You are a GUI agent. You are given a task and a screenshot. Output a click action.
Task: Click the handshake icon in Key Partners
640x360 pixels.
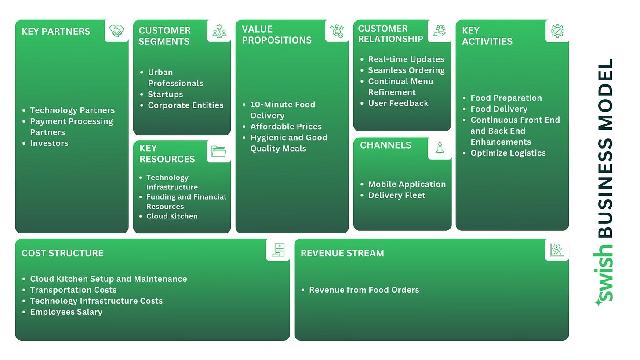point(116,31)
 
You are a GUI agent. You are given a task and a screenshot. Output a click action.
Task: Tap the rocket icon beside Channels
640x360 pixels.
point(440,149)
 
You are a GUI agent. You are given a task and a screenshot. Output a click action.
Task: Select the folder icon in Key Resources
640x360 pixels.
point(218,151)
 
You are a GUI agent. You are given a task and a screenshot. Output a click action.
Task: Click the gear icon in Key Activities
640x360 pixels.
point(557,31)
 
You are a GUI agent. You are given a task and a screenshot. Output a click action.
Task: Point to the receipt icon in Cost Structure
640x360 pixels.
point(278,250)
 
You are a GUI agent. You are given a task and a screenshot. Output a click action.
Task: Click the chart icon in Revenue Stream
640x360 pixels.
point(556,250)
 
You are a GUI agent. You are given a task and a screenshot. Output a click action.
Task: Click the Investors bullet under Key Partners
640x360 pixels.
point(49,143)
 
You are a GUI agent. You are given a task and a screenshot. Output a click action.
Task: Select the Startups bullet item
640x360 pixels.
point(165,94)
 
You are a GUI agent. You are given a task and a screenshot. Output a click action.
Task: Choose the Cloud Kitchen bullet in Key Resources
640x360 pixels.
point(172,216)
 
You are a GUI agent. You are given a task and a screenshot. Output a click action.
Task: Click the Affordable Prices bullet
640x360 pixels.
point(286,127)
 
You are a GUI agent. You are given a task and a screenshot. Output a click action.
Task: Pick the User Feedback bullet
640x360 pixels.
point(398,103)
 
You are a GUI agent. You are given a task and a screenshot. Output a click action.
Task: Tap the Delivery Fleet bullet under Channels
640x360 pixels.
point(396,195)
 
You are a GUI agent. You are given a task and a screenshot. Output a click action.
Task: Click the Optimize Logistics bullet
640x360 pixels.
point(508,153)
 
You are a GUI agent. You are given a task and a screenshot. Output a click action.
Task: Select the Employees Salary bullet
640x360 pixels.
point(66,312)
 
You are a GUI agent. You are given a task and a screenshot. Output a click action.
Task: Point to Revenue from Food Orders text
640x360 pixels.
point(364,290)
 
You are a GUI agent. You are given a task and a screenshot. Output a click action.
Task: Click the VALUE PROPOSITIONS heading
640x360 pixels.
point(276,35)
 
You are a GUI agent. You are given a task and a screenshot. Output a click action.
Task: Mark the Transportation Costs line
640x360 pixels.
point(73,290)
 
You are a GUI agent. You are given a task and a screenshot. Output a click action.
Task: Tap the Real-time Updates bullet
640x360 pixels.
point(406,59)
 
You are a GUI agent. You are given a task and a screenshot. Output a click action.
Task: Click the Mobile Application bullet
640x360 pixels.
point(407,184)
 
